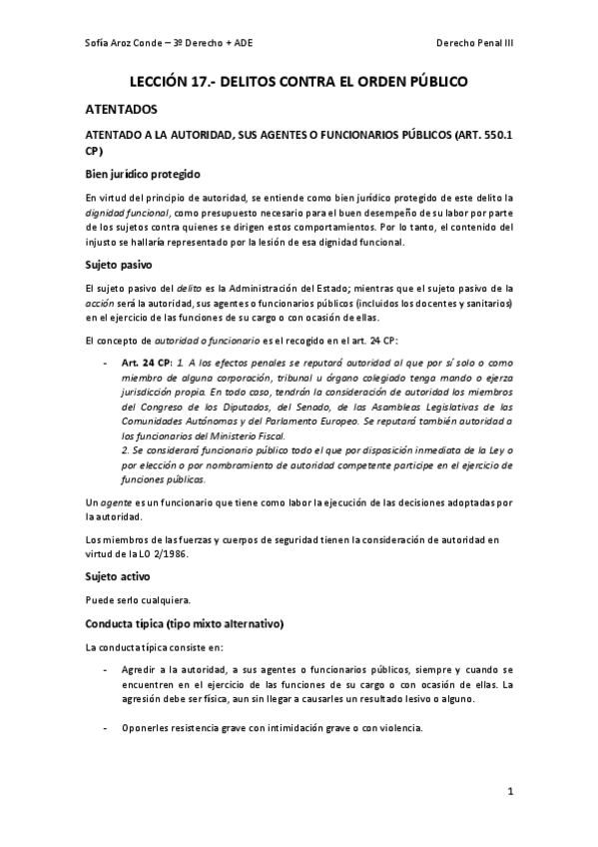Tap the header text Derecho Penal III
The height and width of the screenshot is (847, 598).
point(475,43)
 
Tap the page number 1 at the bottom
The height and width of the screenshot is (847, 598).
point(509,794)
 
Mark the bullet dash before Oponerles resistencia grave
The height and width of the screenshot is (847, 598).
point(106,728)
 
